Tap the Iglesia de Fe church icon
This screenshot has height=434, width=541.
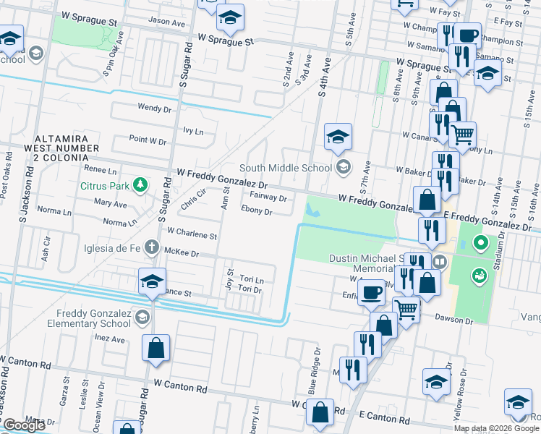151,247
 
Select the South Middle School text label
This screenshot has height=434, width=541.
290,169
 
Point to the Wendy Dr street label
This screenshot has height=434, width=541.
154,108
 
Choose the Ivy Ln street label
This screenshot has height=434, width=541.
193,132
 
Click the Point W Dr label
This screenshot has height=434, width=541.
148,139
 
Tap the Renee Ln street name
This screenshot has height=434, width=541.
101,171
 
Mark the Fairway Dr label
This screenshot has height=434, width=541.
268,196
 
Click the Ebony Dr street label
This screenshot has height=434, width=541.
257,212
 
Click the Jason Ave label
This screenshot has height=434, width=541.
167,22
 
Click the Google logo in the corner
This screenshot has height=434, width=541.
24,425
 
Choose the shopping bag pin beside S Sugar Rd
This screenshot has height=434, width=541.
156,348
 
